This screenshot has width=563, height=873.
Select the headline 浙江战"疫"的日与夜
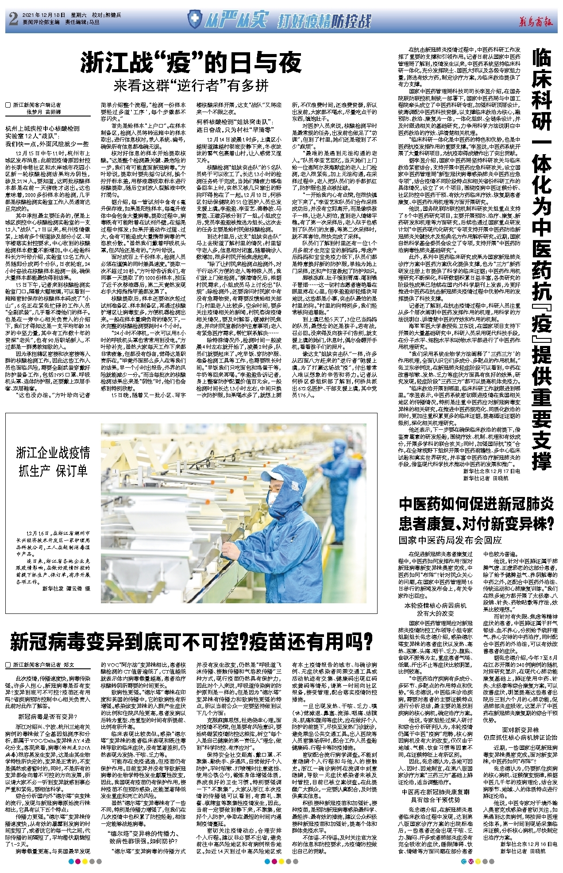191,62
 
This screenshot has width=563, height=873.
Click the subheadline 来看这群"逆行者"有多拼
191,85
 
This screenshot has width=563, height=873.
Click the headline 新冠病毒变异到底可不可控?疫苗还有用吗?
191,642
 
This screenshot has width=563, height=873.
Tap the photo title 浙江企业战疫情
53,453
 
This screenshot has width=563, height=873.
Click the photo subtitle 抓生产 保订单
53,471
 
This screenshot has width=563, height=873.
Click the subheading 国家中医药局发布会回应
450,540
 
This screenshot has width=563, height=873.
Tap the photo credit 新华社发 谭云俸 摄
66,589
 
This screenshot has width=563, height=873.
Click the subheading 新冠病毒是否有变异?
47,716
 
